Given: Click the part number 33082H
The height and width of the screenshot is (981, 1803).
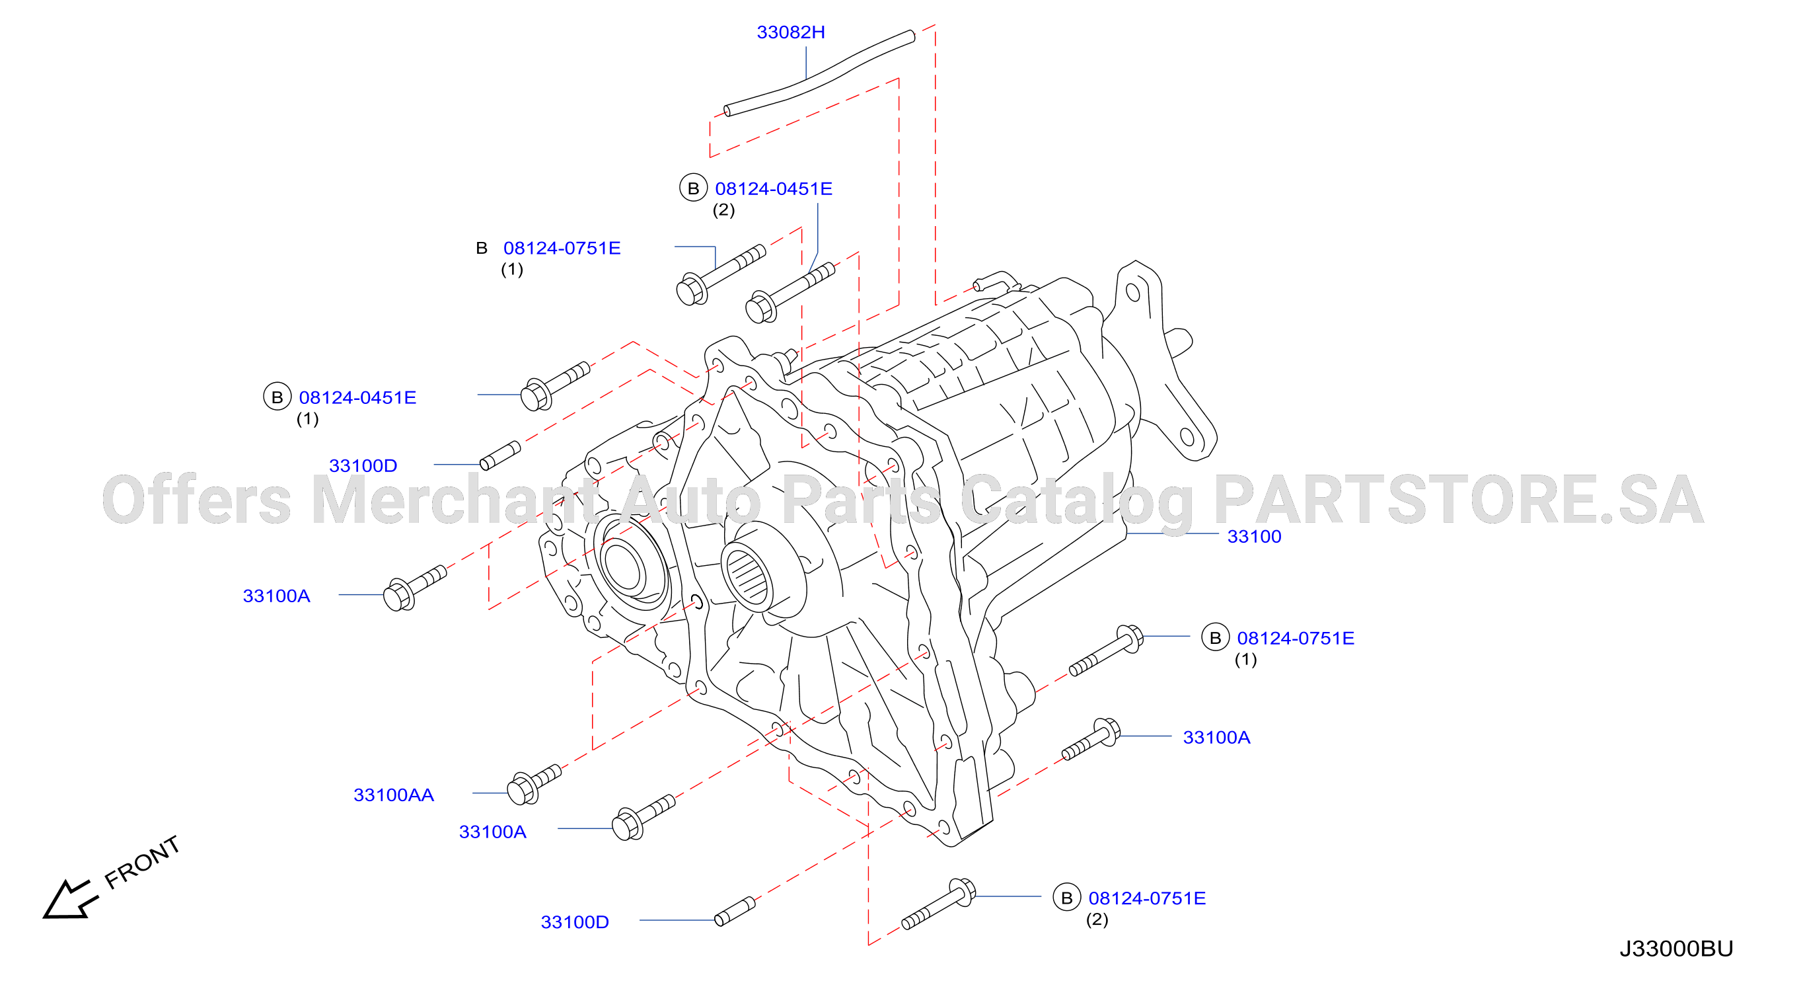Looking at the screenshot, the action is pos(790,32).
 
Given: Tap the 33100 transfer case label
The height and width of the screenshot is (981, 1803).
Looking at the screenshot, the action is pos(1253,536).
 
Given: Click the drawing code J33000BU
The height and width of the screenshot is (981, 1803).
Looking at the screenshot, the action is pos(1675,948).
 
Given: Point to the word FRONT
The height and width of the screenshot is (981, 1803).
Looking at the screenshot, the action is pos(142,862).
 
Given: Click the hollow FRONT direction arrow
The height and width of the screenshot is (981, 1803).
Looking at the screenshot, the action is pos(69,899).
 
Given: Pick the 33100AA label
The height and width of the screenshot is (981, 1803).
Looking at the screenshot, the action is pos(393,795).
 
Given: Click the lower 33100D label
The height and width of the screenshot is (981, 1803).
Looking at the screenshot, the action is pos(575,922).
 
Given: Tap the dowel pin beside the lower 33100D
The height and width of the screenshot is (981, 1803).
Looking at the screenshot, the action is pos(735,911).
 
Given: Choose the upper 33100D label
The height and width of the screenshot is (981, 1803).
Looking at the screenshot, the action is pos(363,465).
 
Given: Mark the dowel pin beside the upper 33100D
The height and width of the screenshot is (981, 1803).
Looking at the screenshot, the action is pos(500,455).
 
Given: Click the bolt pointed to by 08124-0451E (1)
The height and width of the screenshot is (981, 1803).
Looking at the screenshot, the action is pos(556,386).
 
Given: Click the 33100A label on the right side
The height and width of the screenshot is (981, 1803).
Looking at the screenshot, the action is pos(1216,737).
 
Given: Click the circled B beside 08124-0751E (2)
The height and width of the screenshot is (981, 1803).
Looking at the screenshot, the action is pos(1067,897).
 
